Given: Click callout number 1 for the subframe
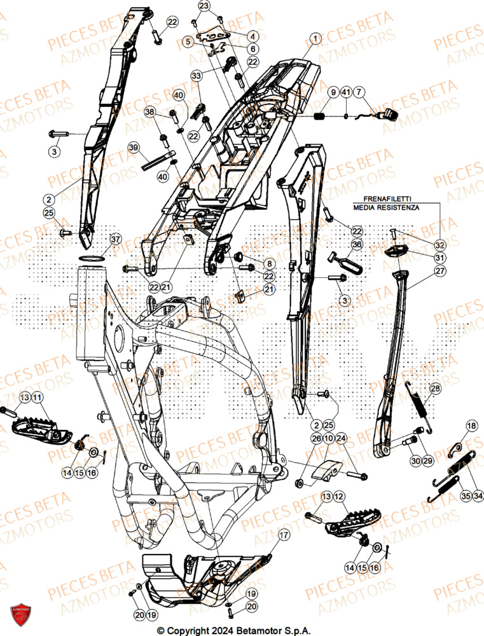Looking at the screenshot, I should [x=314, y=40].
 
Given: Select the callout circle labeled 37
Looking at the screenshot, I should [x=114, y=239].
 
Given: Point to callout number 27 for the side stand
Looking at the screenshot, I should [x=441, y=270].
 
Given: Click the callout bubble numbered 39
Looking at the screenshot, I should [x=133, y=148].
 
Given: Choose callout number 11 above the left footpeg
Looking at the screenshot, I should [x=38, y=397].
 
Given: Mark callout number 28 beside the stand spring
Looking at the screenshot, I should [x=434, y=388].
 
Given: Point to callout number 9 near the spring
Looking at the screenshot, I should [x=332, y=93].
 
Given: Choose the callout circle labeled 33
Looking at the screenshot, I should [x=196, y=75].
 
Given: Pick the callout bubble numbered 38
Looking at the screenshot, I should [x=150, y=112].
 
